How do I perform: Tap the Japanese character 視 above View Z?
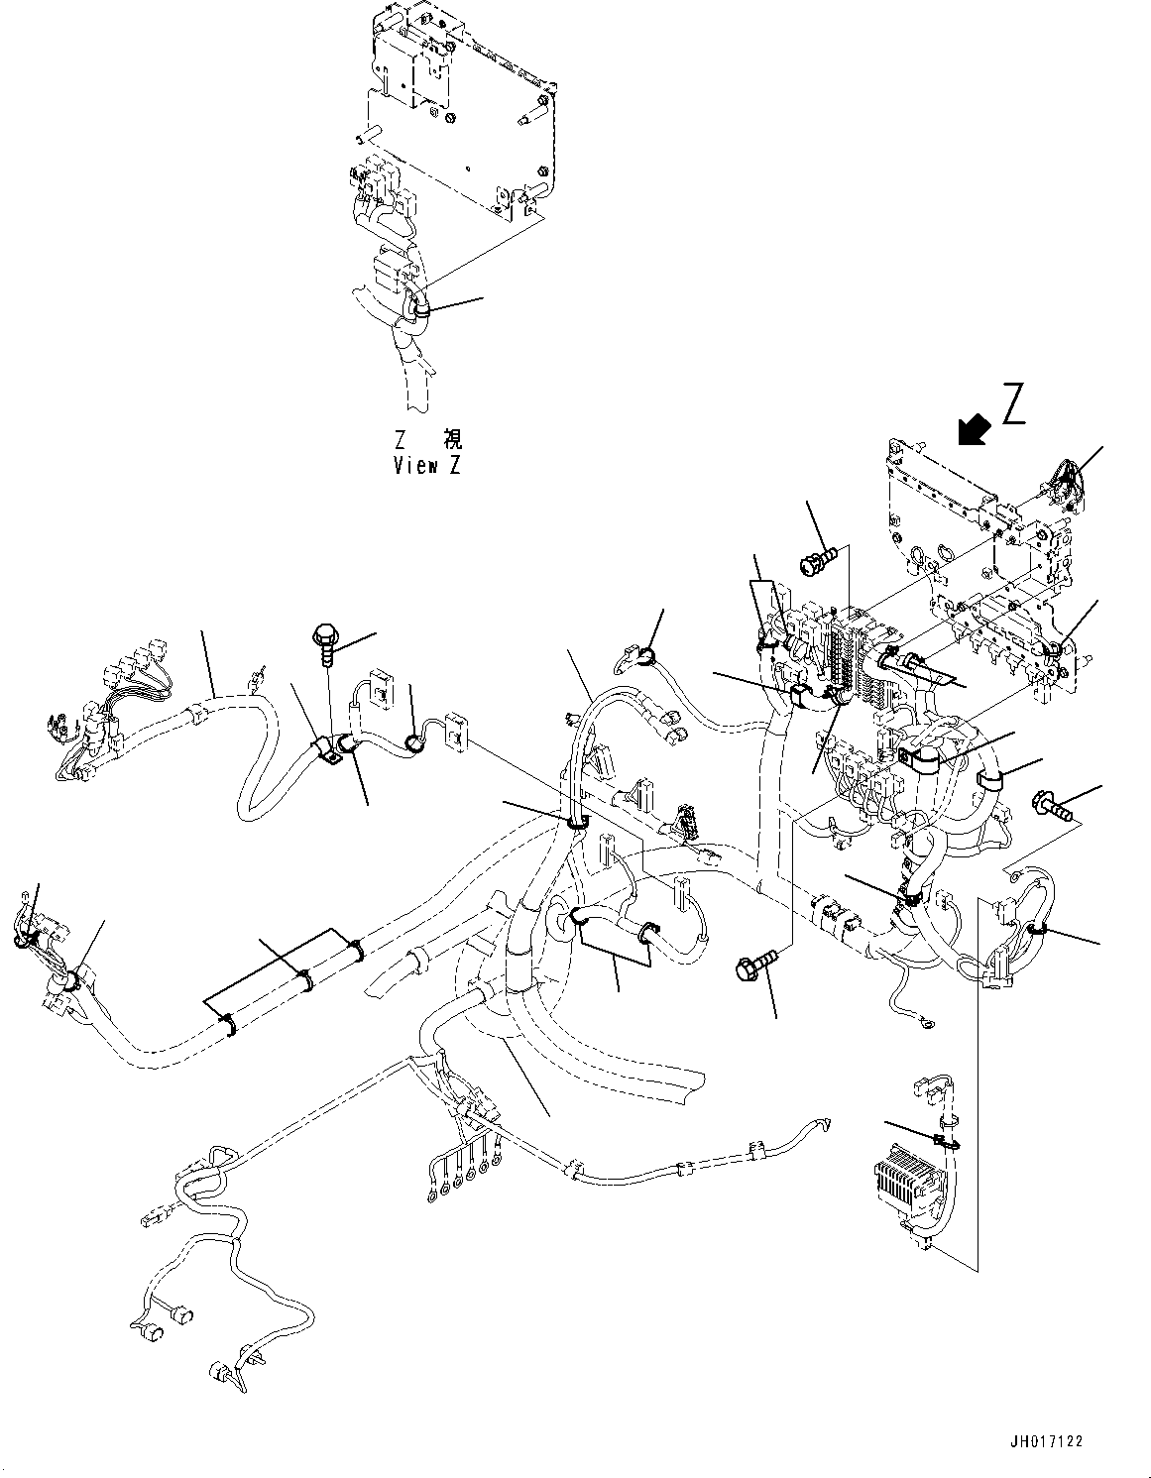tap(452, 439)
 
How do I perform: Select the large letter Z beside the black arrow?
tap(1013, 404)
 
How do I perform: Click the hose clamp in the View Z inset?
tap(420, 311)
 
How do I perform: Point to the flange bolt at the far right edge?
tap(1053, 805)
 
